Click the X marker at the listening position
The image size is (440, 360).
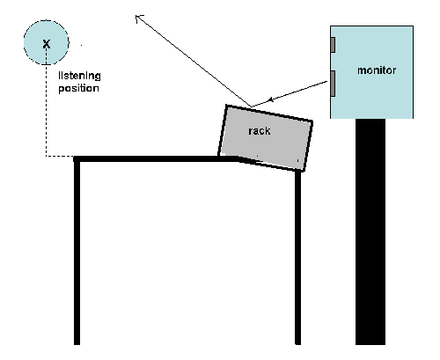(x=47, y=44)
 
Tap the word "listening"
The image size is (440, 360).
(x=79, y=76)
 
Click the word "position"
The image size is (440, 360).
(x=78, y=88)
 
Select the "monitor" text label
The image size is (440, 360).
(x=377, y=70)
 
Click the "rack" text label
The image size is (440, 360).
(x=260, y=131)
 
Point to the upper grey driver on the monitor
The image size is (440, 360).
(x=333, y=45)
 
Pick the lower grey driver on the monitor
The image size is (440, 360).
(x=333, y=84)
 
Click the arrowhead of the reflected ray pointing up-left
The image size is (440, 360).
(x=138, y=18)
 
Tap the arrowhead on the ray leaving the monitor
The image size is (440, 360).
(x=271, y=99)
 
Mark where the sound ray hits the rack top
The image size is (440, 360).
(x=252, y=107)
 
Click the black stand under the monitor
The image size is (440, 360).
(x=370, y=231)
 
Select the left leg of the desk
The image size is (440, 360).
(x=77, y=251)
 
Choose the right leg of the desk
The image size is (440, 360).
(x=297, y=258)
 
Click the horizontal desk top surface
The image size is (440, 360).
(x=156, y=159)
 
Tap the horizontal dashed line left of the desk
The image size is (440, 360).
(x=60, y=156)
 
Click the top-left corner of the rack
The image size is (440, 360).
(x=226, y=105)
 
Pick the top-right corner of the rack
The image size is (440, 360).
(x=312, y=121)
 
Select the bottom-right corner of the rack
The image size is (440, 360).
(x=304, y=171)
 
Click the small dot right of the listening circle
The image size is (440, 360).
(x=81, y=45)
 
